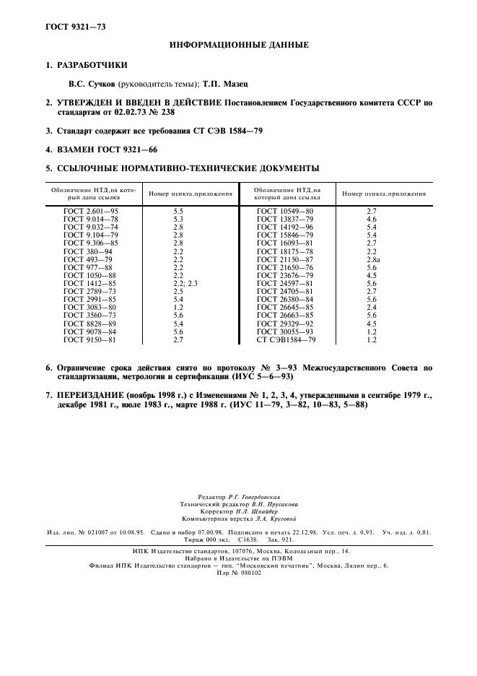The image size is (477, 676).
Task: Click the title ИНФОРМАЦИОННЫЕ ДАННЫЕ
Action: (x=239, y=45)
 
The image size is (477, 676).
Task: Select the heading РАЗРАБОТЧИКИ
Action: (x=87, y=65)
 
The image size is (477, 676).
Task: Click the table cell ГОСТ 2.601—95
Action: (x=90, y=210)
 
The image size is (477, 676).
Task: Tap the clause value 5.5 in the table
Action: (x=178, y=210)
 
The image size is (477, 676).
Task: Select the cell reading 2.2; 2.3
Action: (x=185, y=285)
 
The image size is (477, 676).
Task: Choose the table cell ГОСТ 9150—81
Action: (x=89, y=339)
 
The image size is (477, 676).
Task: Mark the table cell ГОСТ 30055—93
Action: (x=285, y=331)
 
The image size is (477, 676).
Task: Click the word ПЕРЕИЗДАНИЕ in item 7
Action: (x=89, y=396)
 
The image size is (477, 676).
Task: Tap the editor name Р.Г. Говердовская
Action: (x=253, y=498)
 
